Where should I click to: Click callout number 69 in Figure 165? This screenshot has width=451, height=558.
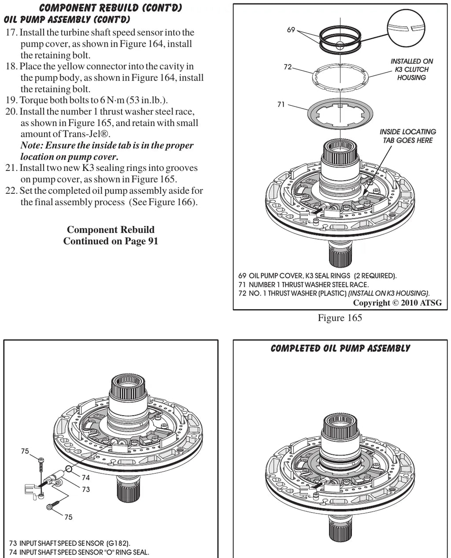point(291,30)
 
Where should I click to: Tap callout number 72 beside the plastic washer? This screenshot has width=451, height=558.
point(288,67)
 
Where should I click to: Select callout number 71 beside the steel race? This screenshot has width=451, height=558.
point(281,104)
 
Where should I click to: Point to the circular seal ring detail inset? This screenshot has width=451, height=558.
point(406,28)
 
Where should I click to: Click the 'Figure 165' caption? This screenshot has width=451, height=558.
point(340,318)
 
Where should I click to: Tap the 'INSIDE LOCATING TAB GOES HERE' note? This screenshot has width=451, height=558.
point(408,136)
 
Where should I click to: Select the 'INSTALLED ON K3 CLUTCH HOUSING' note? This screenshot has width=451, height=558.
point(411,70)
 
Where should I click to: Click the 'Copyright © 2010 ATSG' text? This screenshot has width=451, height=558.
point(397,303)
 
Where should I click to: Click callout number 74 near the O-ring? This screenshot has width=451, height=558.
point(85,477)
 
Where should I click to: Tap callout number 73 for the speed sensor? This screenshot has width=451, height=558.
point(85,489)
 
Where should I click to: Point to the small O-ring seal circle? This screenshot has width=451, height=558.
point(69,469)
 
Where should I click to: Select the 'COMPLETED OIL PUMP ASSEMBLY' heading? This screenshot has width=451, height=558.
point(340,348)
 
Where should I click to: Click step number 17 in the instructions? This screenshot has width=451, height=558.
point(11,33)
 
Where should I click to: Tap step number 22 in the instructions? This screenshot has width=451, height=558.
point(11,190)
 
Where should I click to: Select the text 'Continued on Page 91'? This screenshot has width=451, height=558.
point(111,241)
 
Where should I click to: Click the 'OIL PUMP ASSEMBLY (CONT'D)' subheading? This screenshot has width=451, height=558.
point(67,19)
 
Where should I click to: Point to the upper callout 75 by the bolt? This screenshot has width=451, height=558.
point(25,451)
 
